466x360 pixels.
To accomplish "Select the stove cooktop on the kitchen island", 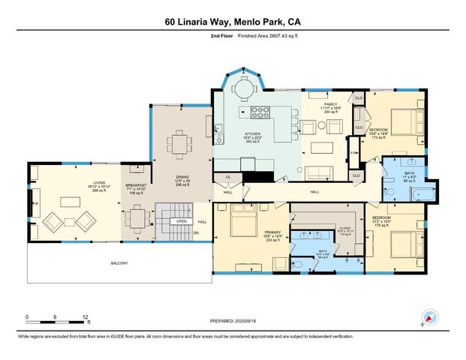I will pos(260,113).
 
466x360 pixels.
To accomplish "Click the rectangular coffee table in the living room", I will pos(72,201).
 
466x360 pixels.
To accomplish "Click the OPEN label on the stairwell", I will pos(181,222).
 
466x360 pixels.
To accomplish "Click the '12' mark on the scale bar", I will pos(86,317).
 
